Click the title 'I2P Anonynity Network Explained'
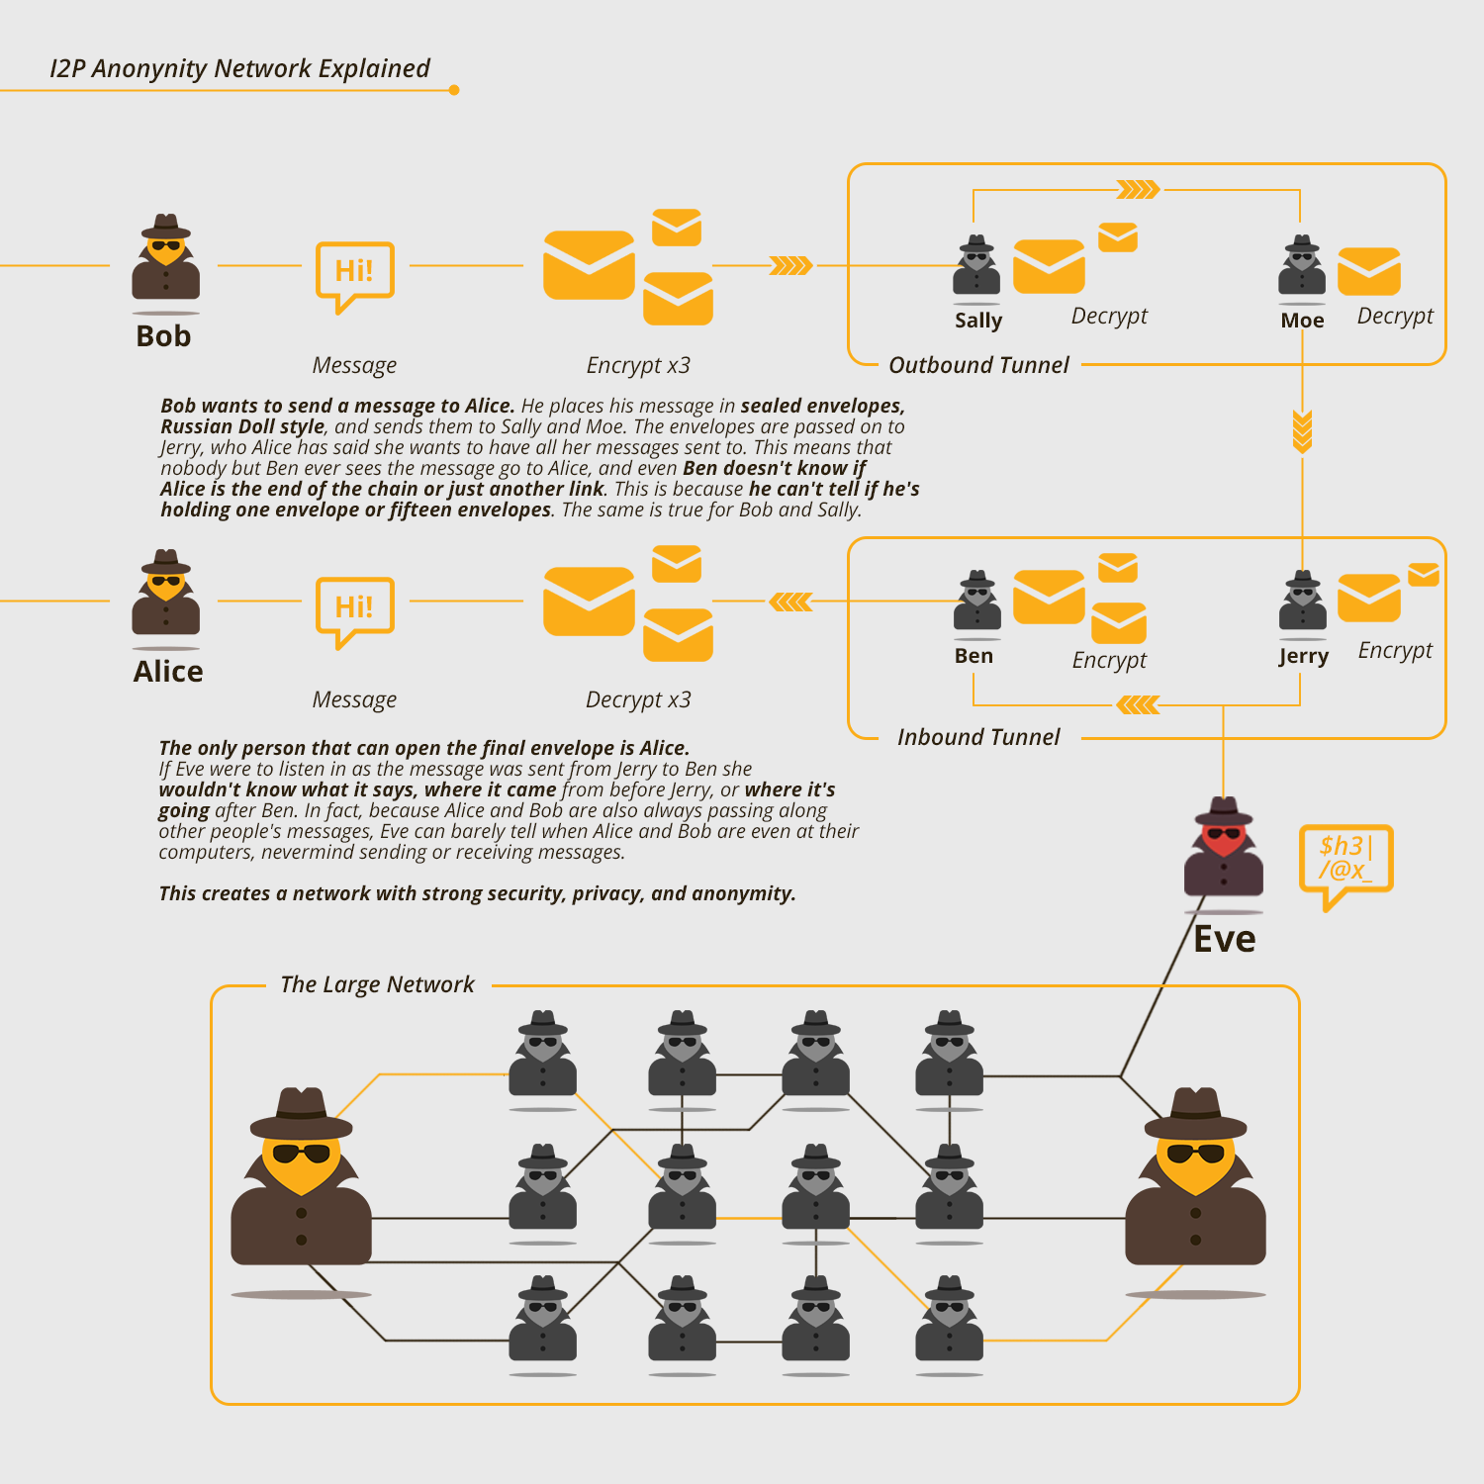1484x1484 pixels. pos(239,68)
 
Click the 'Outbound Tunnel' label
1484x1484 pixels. pos(978,365)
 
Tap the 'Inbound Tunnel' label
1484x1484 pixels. pos(978,737)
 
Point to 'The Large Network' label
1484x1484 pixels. pos(377,984)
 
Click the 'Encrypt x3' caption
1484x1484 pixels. pos(638,365)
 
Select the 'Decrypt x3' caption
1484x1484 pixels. pos(638,699)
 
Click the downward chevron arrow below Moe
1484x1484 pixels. pos(1302,432)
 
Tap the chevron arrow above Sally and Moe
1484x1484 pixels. pos(1138,189)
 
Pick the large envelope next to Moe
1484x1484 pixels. pos(1369,272)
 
